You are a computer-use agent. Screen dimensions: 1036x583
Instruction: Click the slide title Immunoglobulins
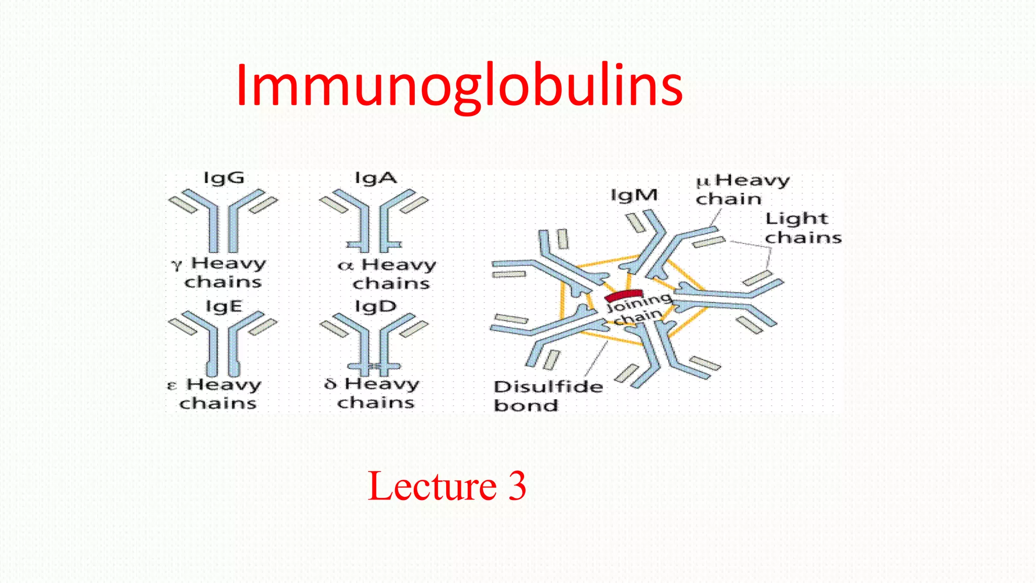(459, 86)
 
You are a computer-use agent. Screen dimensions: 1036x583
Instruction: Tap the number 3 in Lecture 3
(516, 486)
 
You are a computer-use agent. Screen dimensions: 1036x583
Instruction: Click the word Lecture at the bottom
(433, 486)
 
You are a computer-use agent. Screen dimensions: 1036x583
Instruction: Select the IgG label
(224, 178)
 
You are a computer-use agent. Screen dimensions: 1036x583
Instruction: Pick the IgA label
(376, 178)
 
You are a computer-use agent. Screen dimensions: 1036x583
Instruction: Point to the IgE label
(224, 307)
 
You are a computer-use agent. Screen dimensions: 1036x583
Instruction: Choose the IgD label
(375, 307)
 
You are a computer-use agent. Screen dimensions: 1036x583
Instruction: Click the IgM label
(634, 195)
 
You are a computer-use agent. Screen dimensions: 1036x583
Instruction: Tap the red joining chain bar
(624, 295)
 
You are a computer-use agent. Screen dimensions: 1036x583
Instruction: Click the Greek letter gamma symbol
(176, 264)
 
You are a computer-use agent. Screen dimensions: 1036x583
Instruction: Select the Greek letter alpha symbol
(345, 265)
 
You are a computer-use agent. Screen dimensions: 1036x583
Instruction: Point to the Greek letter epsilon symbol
(172, 386)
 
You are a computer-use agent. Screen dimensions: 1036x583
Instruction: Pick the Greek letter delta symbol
(330, 384)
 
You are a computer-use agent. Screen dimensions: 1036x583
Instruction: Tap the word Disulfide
(548, 387)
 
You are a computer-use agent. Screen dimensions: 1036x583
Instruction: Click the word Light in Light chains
(797, 219)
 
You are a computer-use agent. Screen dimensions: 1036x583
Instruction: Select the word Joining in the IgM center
(638, 303)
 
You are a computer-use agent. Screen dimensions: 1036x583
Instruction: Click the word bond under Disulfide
(526, 406)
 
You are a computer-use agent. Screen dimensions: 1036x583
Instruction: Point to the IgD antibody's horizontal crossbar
(374, 366)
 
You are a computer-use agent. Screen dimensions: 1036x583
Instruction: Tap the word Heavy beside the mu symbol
(752, 180)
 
